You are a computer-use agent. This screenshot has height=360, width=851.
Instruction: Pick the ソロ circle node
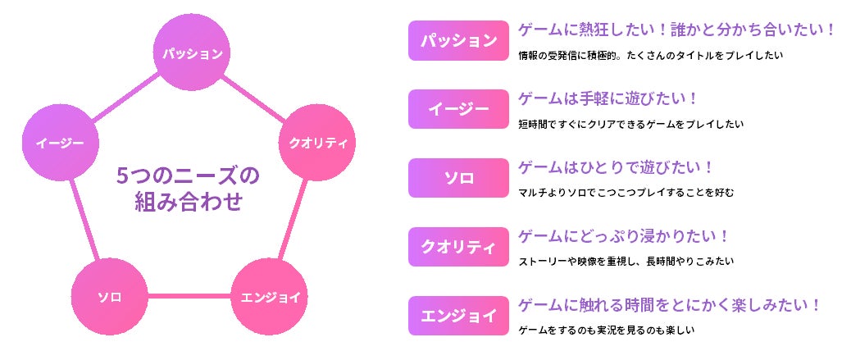pos(109,296)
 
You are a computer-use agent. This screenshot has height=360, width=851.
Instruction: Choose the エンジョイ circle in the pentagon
pos(271,296)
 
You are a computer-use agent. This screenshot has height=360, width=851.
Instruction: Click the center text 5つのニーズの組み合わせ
pos(188,188)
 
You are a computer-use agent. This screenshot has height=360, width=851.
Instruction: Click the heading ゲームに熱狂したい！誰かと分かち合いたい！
pos(677,30)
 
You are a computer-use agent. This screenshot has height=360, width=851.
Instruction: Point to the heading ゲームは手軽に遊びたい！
pos(608,98)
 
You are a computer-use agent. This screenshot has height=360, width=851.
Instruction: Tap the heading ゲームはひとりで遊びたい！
pos(616,167)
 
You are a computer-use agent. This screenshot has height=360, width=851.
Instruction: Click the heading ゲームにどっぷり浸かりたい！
pos(624,236)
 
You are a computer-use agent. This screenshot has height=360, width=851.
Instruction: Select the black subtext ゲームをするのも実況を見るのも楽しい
pos(607,330)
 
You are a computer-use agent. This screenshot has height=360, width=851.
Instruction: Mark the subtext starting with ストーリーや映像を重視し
pos(626,262)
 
